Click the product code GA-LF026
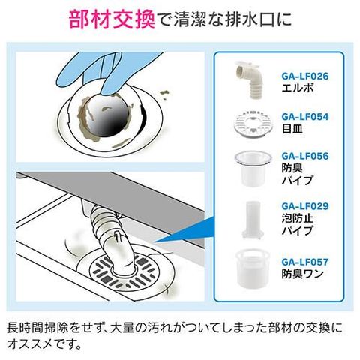coord(305,76)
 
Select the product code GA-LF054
coord(305,117)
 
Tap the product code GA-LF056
coord(305,156)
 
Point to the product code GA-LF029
coord(305,206)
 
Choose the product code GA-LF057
coord(305,262)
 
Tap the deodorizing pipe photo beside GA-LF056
coord(253,168)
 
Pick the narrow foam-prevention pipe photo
coord(253,219)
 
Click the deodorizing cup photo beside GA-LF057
coord(253,268)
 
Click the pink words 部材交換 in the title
coord(112,19)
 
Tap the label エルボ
coord(298,88)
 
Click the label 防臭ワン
coord(303,274)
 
